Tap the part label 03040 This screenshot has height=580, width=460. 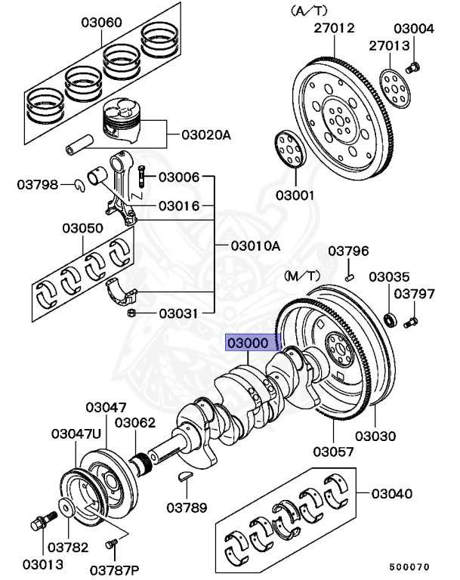[x=391, y=494]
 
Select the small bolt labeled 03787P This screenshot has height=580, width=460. [x=113, y=542]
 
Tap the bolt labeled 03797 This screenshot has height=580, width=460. [x=410, y=323]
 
